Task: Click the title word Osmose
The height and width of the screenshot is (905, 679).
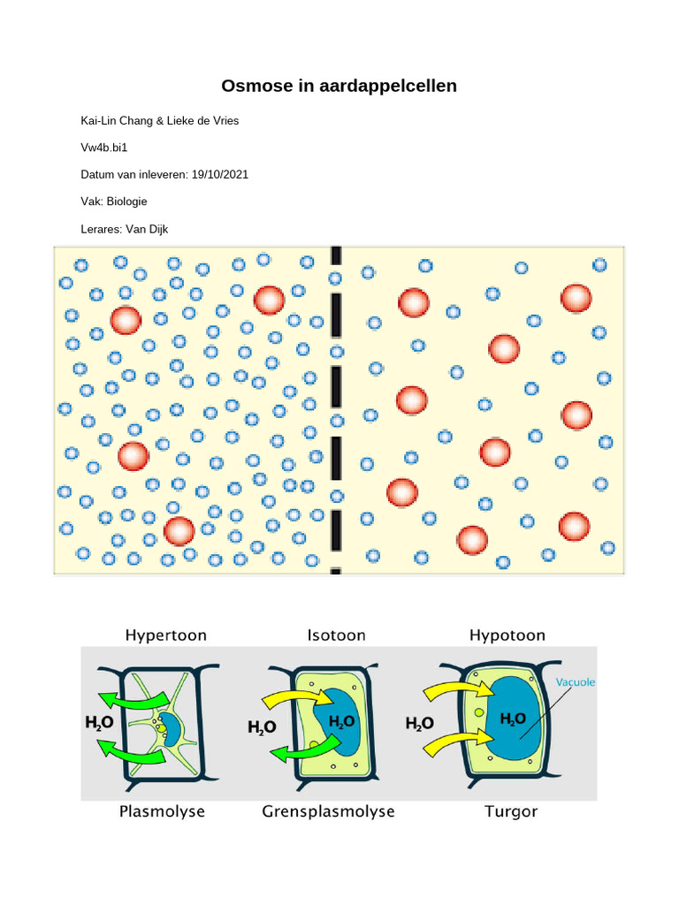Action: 254,87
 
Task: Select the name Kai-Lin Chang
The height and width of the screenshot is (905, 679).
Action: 114,120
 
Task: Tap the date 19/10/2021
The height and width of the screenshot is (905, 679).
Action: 219,174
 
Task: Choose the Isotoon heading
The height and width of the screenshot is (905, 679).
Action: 336,635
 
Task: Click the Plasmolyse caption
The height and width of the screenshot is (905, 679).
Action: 162,811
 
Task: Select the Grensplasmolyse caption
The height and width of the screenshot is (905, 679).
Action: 328,811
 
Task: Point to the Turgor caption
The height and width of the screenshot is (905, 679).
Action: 511,811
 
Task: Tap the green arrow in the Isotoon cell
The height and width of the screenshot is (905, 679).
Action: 301,751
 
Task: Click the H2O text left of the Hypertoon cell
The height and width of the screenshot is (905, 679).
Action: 99,723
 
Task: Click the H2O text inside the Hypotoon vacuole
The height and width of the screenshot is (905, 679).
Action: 514,719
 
